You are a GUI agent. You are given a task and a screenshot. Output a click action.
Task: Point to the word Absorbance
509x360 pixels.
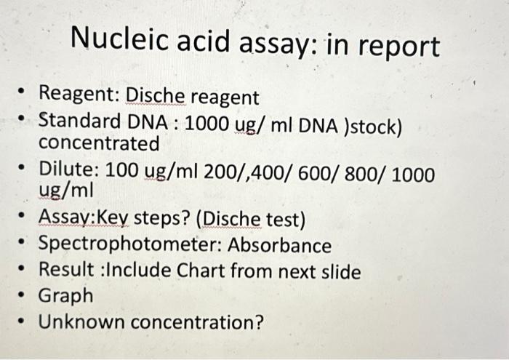[x=279, y=246]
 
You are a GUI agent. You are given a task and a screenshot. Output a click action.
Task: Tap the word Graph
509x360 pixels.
[x=65, y=296]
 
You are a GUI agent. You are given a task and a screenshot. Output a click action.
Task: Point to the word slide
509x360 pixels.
[x=339, y=271]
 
